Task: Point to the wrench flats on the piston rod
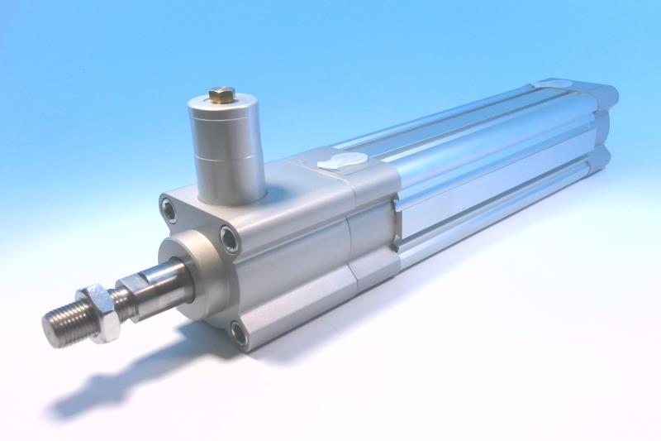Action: (132, 295)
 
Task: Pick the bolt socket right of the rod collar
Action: (230, 240)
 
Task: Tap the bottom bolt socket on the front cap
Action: (238, 333)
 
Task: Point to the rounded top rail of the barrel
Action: (463, 124)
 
